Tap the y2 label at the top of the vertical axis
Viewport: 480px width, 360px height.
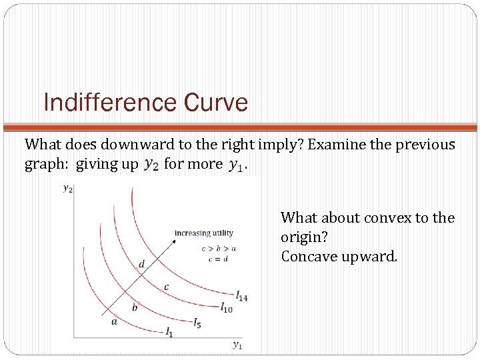coord(68,189)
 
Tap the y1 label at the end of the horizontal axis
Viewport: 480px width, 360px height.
coord(237,344)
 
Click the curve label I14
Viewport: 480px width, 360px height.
coord(241,296)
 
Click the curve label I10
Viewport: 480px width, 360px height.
coord(227,309)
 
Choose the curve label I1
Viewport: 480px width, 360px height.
coord(169,333)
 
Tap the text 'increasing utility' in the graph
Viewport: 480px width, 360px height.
coord(203,233)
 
